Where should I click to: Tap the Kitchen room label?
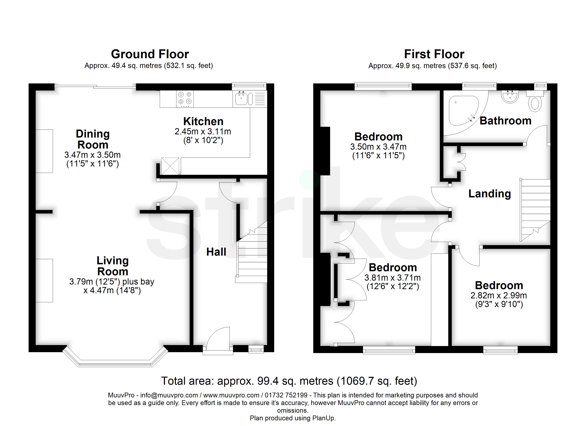[203, 121]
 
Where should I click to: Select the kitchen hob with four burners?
[185, 99]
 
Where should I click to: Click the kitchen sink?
[244, 99]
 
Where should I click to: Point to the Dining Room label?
[93, 139]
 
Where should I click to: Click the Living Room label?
[113, 266]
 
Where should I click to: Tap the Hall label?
[216, 252]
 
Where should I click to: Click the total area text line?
[289, 381]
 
